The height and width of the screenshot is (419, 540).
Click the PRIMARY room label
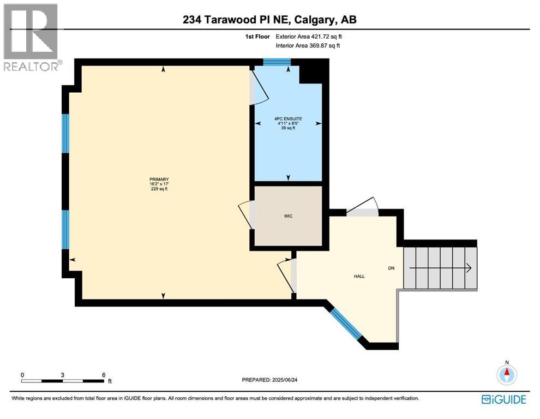159,179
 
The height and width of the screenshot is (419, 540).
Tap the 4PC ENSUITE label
288,119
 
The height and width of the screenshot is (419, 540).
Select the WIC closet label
288,217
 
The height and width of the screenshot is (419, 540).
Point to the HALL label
359,276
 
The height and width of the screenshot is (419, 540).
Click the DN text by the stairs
391,268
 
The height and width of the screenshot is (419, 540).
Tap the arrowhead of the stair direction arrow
468,267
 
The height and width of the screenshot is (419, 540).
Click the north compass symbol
507,375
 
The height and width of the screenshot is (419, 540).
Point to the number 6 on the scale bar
103,375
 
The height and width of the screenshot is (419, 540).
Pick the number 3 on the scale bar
63,375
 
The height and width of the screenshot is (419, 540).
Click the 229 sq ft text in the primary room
159,189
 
